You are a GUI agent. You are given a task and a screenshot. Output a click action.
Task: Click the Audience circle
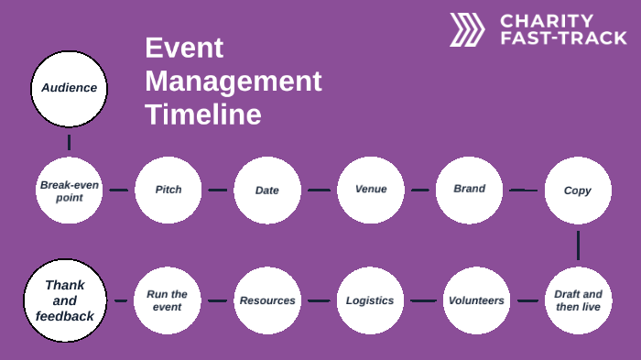coord(69,88)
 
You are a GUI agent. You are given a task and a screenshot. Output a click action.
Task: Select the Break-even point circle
coord(69,191)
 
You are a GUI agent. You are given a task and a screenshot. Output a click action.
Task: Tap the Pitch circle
coord(168,191)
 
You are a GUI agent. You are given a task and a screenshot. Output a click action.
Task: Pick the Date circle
coord(267,191)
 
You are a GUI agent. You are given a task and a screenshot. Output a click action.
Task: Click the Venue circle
coord(371,190)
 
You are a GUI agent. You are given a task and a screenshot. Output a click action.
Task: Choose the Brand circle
coord(469,190)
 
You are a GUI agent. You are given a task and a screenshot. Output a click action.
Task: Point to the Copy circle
coord(578,191)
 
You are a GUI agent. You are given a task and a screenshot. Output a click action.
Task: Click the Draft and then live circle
coord(578,300)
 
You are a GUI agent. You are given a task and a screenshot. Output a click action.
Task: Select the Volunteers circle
coord(476,300)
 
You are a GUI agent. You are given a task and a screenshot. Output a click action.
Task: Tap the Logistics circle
coord(370,300)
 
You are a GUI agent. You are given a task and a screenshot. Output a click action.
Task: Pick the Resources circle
coord(267,300)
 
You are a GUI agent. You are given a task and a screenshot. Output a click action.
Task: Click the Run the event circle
coord(167,300)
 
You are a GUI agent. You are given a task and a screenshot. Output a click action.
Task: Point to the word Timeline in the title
coord(202,115)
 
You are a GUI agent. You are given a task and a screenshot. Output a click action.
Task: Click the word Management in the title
coord(233,82)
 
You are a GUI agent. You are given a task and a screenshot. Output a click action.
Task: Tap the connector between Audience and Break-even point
coord(69,142)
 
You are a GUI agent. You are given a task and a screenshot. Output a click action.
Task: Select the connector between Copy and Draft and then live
coord(578,245)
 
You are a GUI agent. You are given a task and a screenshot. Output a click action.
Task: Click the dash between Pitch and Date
coord(217,191)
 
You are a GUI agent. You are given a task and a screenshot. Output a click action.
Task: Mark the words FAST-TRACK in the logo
coord(563,38)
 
